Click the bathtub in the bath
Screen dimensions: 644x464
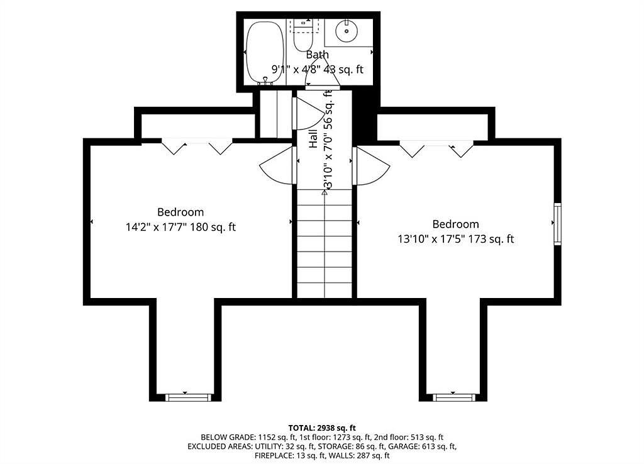[265, 53]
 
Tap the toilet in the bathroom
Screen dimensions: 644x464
[304, 35]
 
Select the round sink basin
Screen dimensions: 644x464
[347, 30]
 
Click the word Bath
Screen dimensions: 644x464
[318, 54]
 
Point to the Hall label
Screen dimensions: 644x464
[313, 139]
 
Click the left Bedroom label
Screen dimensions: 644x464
[180, 213]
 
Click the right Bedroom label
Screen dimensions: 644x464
[455, 224]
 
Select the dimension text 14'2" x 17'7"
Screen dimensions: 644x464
[157, 227]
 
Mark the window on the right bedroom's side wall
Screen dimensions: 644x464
[557, 224]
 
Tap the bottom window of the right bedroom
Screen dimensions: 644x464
[454, 397]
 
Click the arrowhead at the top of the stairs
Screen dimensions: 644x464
[325, 192]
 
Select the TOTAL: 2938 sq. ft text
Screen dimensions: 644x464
[322, 428]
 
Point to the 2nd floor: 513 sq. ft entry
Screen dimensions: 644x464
[409, 438]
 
